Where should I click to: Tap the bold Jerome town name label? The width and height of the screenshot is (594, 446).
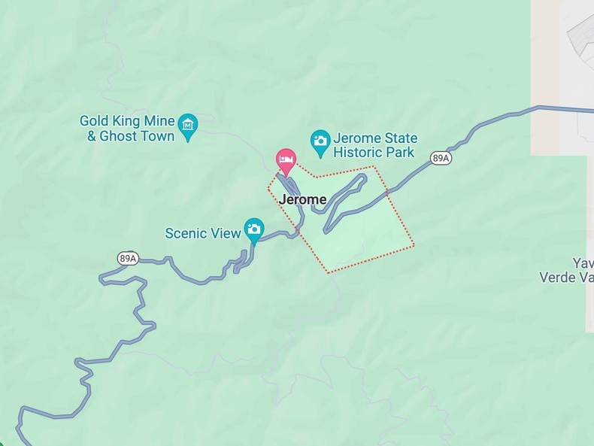(302, 200)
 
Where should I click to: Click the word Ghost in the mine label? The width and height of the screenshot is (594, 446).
(119, 136)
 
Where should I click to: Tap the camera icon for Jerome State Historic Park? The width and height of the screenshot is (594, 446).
(320, 141)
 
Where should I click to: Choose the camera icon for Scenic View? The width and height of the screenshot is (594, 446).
(254, 229)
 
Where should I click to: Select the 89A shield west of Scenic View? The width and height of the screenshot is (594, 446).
(128, 258)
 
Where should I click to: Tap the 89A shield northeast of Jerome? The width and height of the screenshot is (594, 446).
(441, 158)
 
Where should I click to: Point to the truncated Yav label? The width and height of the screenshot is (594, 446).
(583, 263)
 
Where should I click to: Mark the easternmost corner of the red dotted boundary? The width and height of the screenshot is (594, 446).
(414, 244)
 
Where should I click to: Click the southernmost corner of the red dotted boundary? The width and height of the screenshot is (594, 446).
(329, 272)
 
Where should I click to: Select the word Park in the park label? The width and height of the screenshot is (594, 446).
(400, 153)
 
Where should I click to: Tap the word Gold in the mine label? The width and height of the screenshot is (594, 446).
(95, 121)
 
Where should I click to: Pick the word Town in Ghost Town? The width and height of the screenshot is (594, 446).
(157, 136)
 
